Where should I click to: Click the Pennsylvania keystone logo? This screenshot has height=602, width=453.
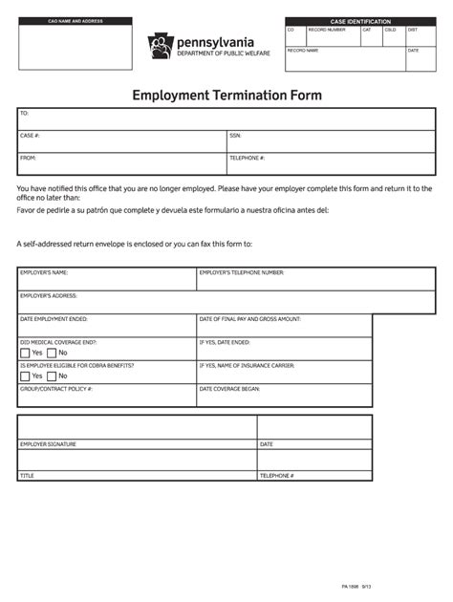click(161, 46)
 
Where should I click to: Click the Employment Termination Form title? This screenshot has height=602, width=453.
click(226, 96)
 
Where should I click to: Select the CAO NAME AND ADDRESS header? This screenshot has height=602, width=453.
click(75, 21)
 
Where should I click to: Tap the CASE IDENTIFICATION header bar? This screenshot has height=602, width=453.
click(360, 21)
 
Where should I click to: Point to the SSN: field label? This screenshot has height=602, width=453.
click(235, 136)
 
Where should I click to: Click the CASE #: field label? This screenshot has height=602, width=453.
click(30, 136)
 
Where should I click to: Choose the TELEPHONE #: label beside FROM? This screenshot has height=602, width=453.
click(247, 158)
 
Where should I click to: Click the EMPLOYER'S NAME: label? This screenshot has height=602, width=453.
click(44, 272)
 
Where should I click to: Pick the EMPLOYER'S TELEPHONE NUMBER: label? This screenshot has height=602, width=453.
click(241, 272)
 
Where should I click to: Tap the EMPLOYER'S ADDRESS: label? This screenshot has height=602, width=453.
click(49, 295)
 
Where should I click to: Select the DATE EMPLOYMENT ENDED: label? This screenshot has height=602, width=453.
click(54, 319)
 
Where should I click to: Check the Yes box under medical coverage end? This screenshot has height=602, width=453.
click(25, 353)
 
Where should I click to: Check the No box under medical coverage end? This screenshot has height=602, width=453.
click(52, 353)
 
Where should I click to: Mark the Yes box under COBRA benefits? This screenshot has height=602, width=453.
click(25, 376)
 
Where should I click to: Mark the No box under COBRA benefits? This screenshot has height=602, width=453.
click(52, 376)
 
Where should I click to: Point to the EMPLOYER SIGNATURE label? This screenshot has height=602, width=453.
click(48, 444)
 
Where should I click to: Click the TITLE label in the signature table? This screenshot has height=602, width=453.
click(27, 475)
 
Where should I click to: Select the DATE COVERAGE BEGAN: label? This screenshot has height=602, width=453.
click(229, 389)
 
